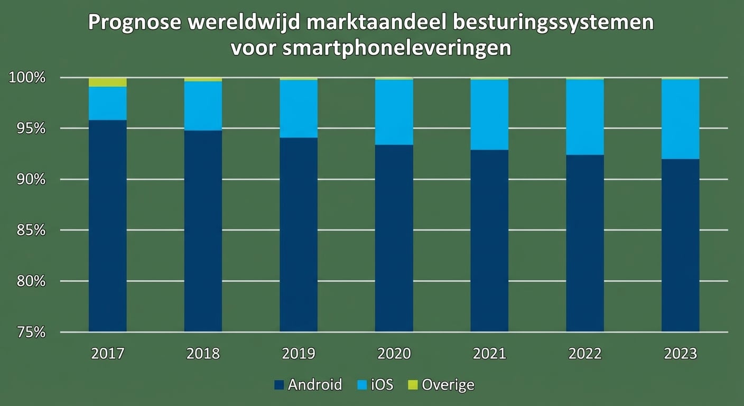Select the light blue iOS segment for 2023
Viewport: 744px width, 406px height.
click(x=680, y=119)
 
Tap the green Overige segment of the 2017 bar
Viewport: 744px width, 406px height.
click(x=107, y=82)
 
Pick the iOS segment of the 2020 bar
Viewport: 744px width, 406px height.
click(x=394, y=112)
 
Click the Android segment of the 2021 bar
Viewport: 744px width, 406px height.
click(x=489, y=241)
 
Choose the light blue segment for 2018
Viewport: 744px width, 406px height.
click(x=203, y=106)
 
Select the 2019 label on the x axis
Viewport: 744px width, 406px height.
click(x=299, y=354)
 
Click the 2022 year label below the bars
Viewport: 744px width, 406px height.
click(x=585, y=354)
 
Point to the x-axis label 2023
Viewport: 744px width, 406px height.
click(x=680, y=354)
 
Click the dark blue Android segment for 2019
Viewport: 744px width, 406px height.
click(x=299, y=235)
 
